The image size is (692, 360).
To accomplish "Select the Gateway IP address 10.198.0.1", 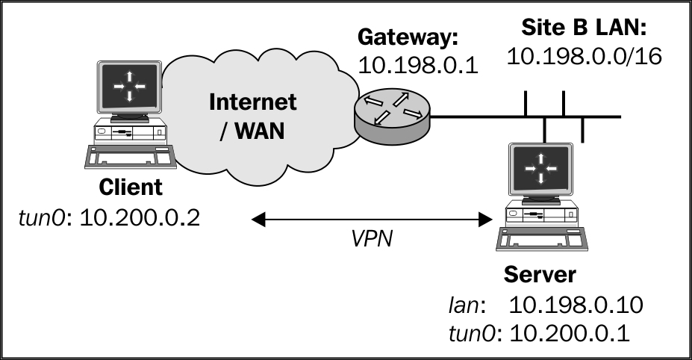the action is [418, 66].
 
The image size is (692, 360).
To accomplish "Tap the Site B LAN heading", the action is [584, 28].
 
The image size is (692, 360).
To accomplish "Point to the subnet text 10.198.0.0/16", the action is [585, 56].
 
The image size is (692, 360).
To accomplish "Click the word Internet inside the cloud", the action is [252, 102].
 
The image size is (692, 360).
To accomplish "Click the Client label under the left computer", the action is [130, 187].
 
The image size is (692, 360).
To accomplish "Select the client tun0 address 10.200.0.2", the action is [140, 218].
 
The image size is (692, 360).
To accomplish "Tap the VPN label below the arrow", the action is [372, 238].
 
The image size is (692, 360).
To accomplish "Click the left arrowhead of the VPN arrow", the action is [258, 219].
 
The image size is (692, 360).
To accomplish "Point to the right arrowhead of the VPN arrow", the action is [485, 219].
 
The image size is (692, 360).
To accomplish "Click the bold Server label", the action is [539, 274].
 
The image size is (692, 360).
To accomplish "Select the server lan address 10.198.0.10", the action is [576, 305].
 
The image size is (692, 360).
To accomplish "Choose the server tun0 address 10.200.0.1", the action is [570, 333].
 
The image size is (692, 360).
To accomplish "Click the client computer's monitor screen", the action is [129, 87].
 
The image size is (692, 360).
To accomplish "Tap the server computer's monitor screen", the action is [540, 168].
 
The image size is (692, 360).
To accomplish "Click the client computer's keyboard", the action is [131, 157].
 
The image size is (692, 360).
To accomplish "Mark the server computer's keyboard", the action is [542, 239].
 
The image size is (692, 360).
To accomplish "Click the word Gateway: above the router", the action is [408, 37].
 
